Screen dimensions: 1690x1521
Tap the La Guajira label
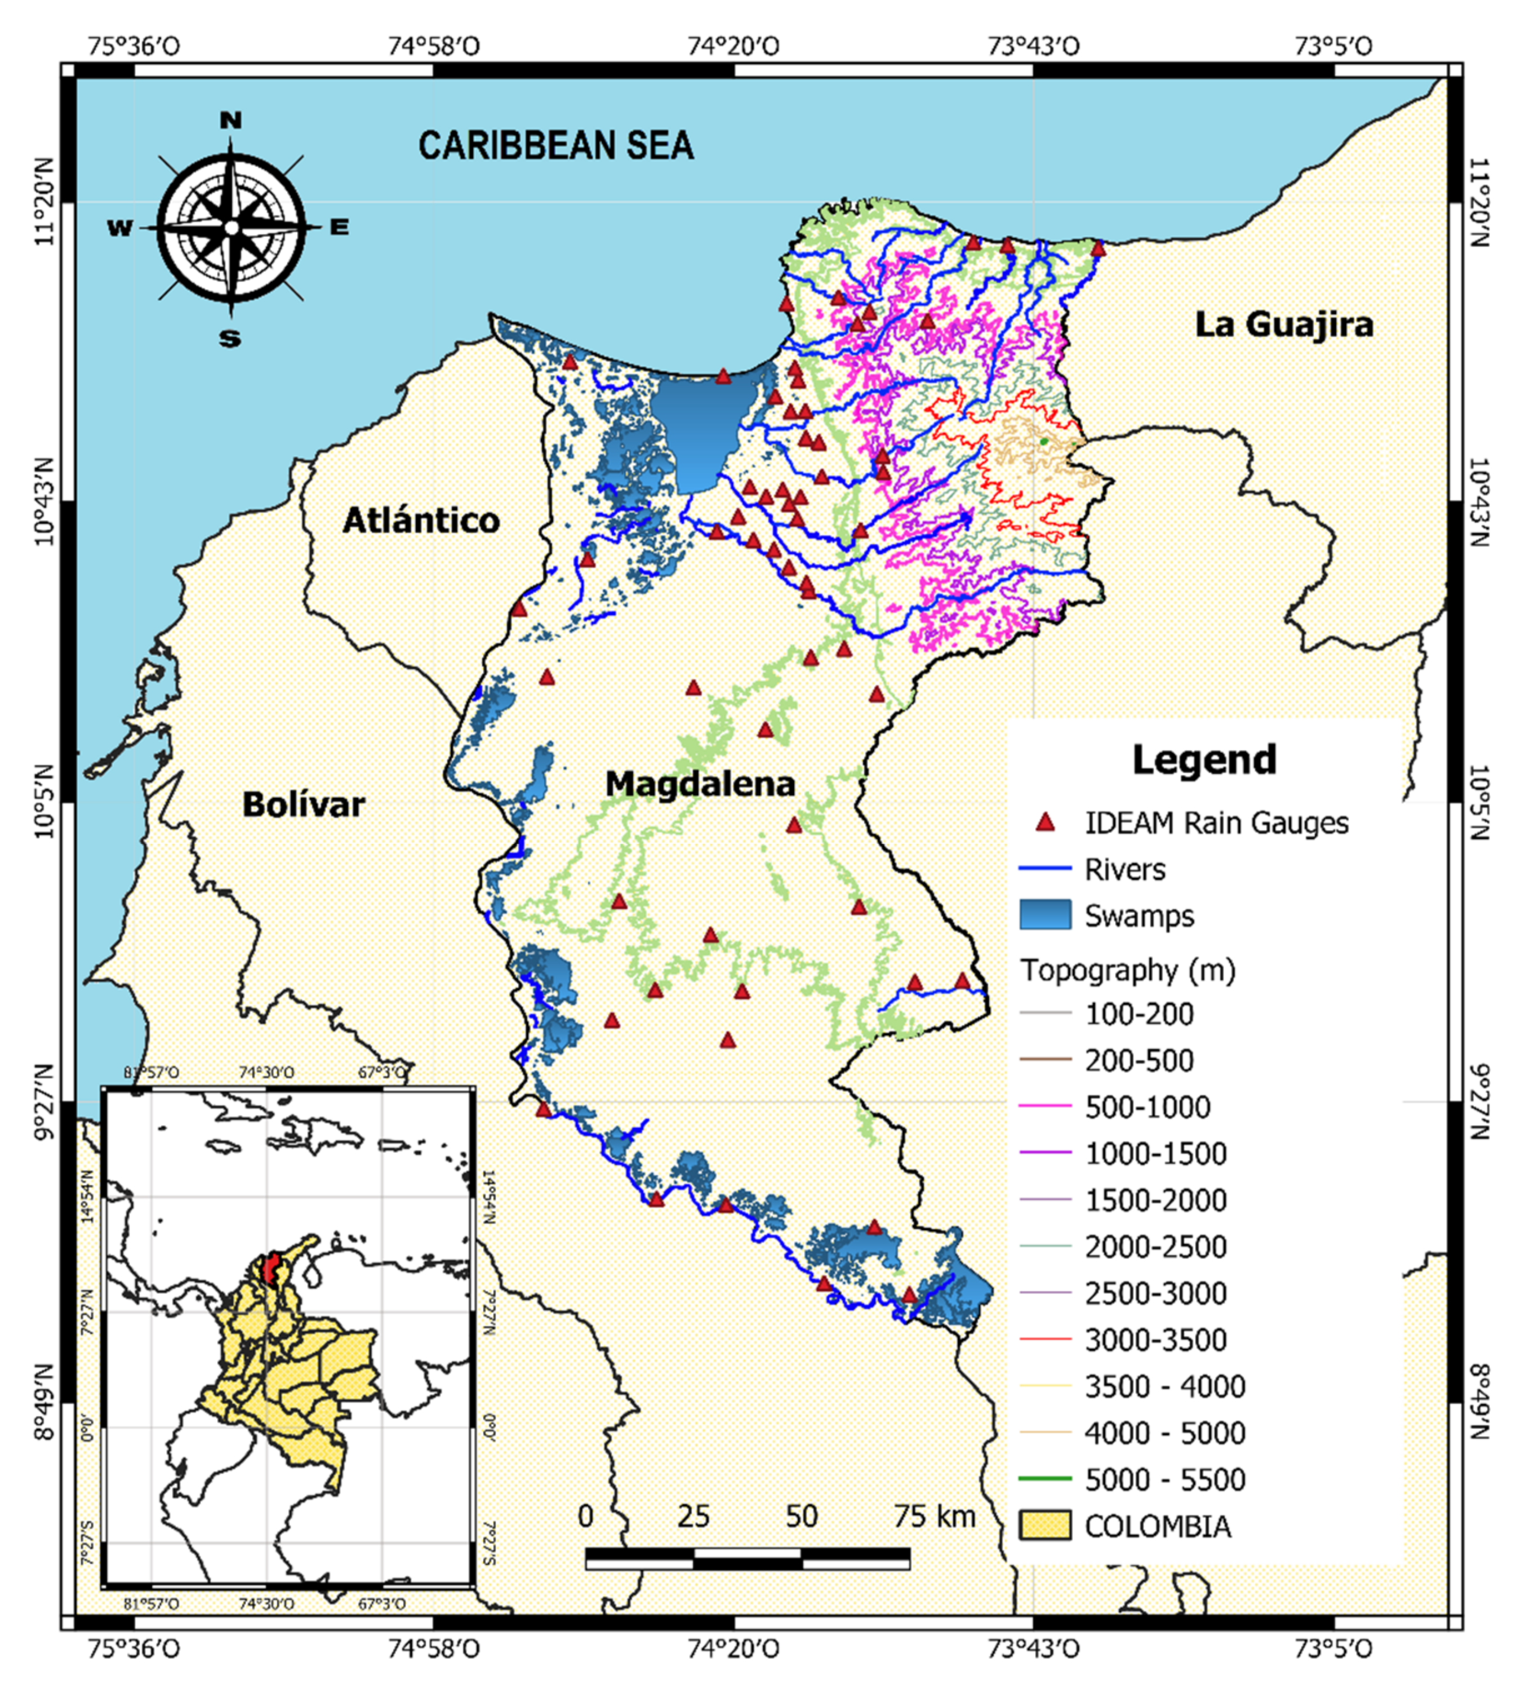coord(1284,325)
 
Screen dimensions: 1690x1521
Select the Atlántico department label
coord(421,521)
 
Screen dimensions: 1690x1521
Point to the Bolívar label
coord(304,805)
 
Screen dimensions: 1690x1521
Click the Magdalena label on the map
coord(700,784)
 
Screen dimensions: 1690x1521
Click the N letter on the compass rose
coord(230,121)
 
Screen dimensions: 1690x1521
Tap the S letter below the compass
coord(230,339)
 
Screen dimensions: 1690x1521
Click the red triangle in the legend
coord(1044,822)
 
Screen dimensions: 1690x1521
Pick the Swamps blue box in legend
coord(1044,915)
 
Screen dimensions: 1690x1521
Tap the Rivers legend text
coord(1125,869)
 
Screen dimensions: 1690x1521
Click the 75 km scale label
coord(935,1516)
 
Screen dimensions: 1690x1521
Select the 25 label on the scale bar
coord(693,1516)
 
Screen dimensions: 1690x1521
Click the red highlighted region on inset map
coord(270,1267)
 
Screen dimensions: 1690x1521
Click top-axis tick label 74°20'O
coord(734,45)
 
